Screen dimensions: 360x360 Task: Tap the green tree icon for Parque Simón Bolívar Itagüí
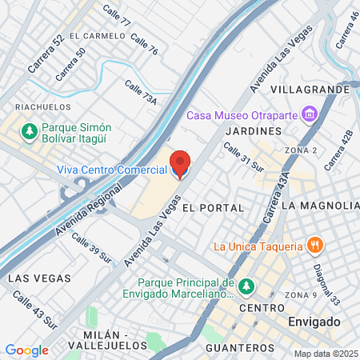click(30, 130)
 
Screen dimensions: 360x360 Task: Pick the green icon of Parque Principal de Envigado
click(246, 286)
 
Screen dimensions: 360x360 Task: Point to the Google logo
click(26, 350)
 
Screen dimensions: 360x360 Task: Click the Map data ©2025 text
click(326, 354)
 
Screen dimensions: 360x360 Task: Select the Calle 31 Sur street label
click(244, 158)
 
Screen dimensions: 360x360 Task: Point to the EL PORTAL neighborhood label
click(213, 207)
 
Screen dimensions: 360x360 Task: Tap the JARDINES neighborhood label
click(254, 130)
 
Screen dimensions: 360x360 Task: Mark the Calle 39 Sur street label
click(90, 248)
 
